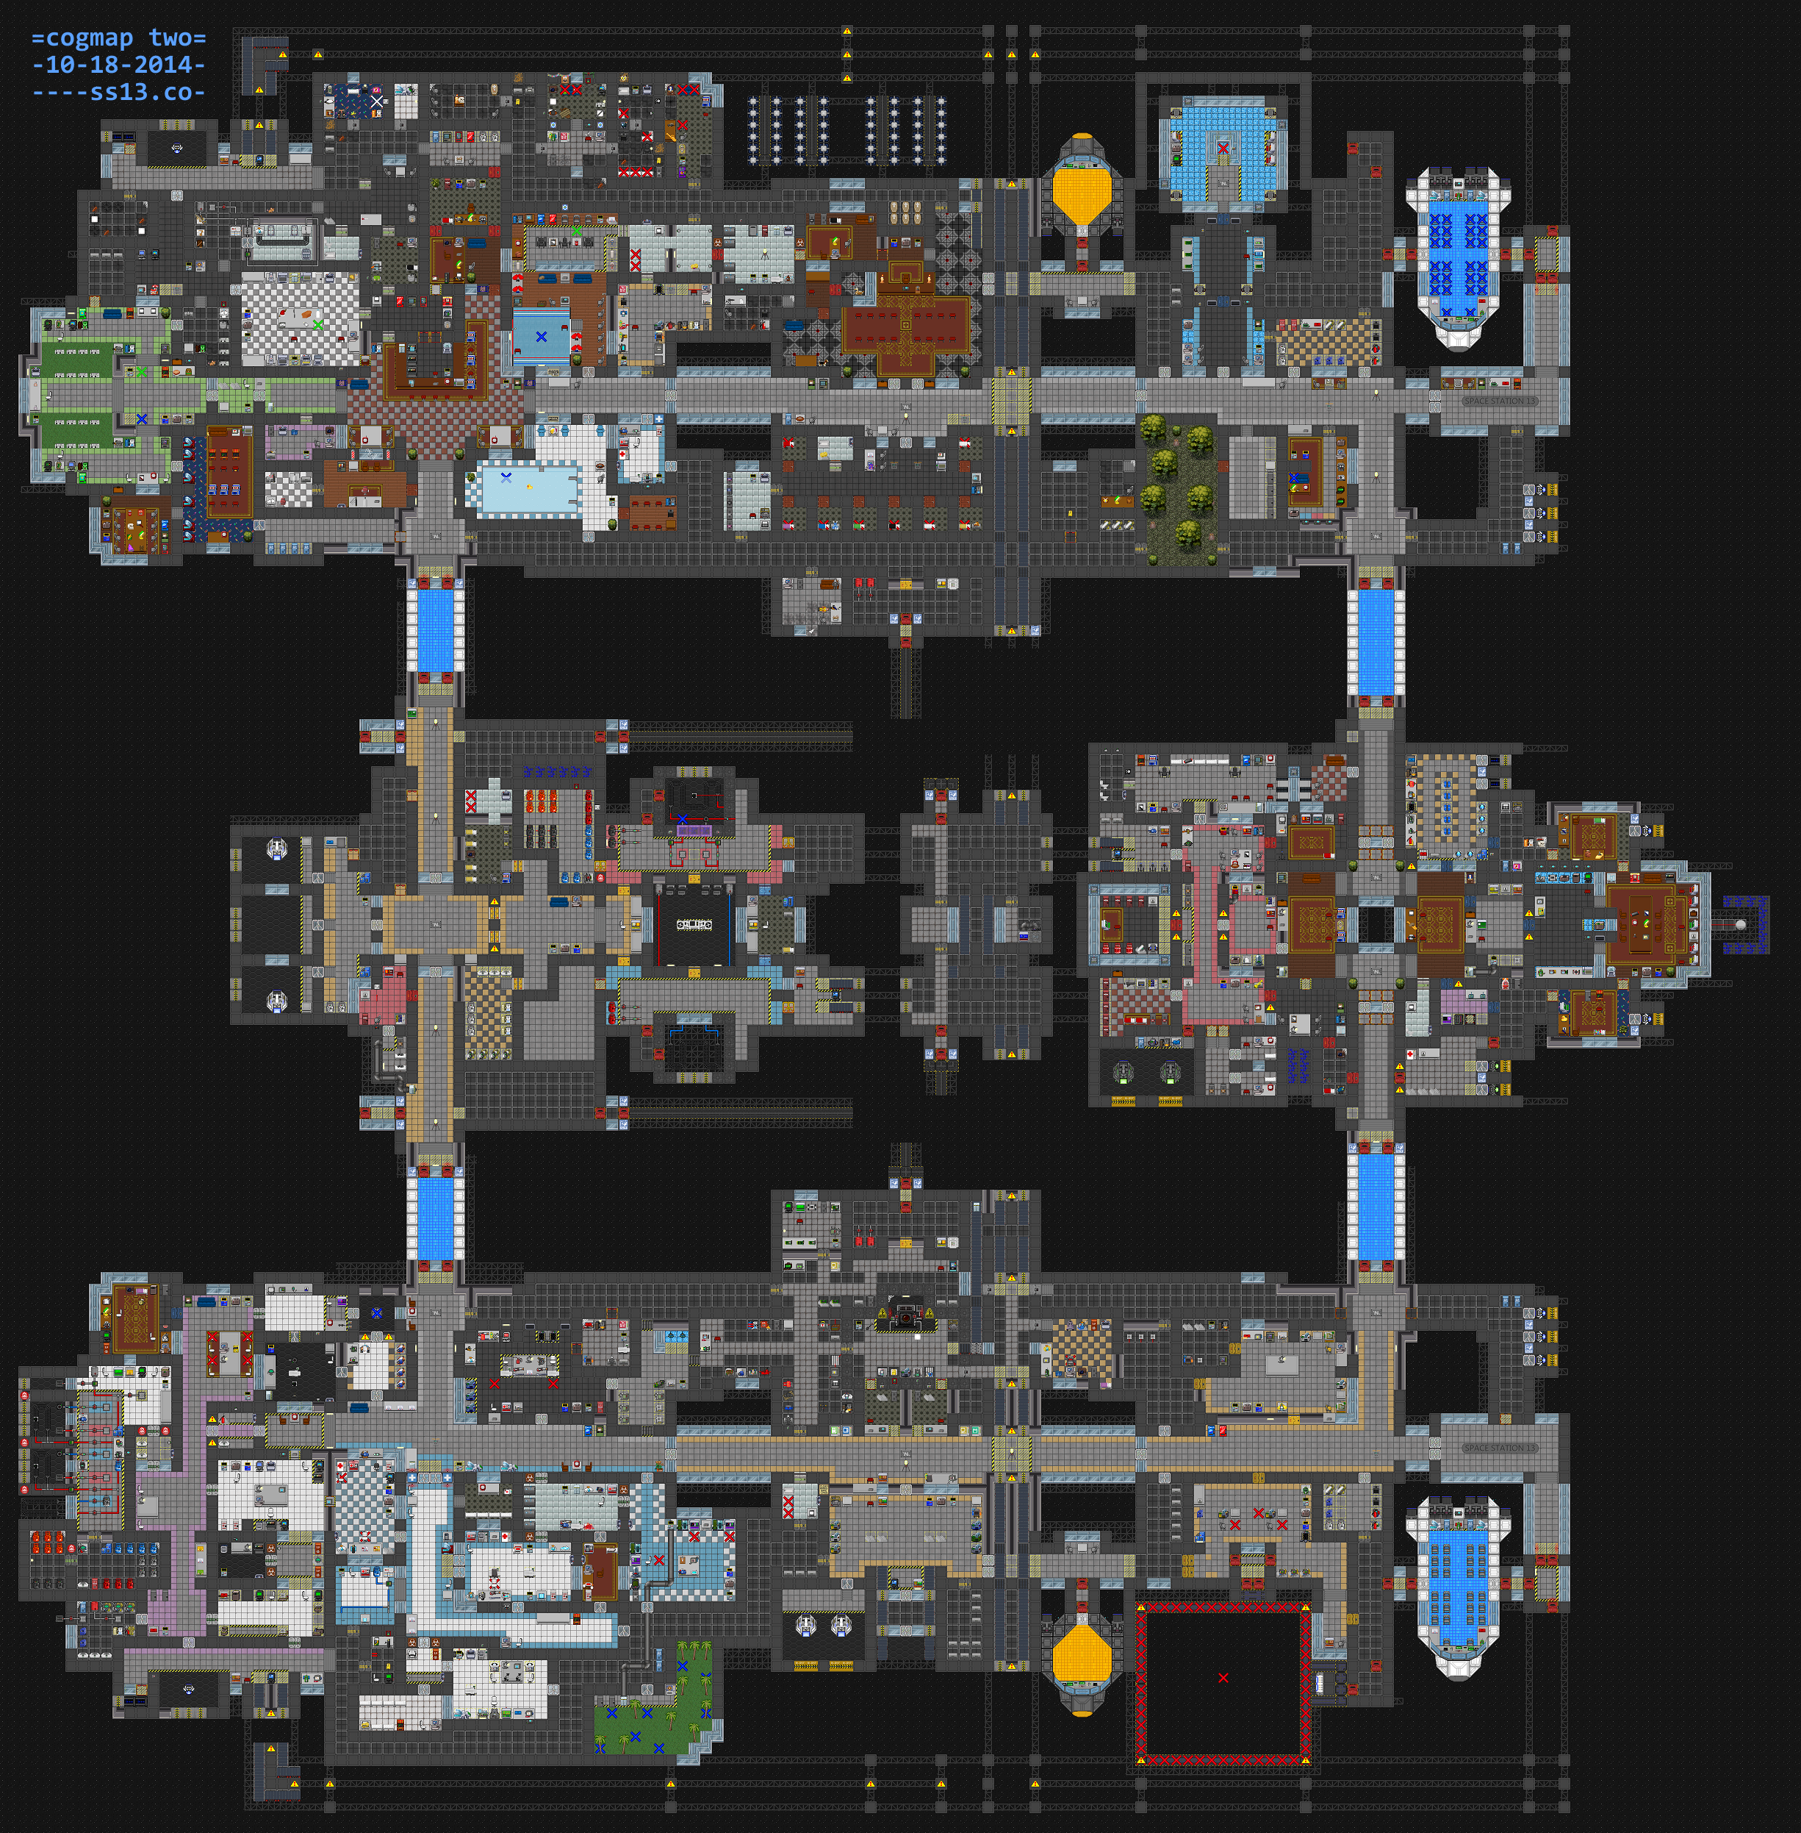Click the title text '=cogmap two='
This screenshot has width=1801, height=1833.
118,37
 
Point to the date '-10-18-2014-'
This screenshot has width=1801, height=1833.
118,65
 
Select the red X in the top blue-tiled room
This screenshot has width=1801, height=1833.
1223,149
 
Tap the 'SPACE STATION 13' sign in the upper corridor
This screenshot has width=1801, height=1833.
1499,401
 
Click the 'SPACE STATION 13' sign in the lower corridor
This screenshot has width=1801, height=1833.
1499,1448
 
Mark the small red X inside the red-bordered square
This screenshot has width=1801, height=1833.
1223,1678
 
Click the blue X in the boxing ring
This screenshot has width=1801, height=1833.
541,336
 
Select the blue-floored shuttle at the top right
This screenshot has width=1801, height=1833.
1456,256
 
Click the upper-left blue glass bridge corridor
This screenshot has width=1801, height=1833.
435,624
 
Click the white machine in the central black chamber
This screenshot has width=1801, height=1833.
694,923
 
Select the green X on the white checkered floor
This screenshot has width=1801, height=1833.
318,324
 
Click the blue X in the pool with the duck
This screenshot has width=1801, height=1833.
506,478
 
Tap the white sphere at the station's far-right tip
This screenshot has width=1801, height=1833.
1741,924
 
